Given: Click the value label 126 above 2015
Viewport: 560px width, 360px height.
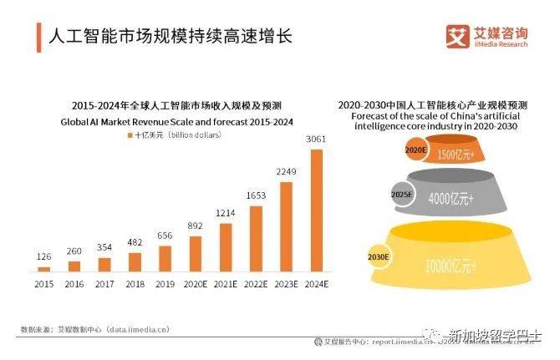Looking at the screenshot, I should (43, 256).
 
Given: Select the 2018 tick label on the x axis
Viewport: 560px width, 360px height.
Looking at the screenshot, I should (135, 285).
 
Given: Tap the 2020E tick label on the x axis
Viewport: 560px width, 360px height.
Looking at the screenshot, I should (195, 285).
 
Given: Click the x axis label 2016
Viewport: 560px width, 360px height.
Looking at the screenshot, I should (74, 285).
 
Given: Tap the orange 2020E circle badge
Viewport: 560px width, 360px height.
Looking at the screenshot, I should (415, 150).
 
